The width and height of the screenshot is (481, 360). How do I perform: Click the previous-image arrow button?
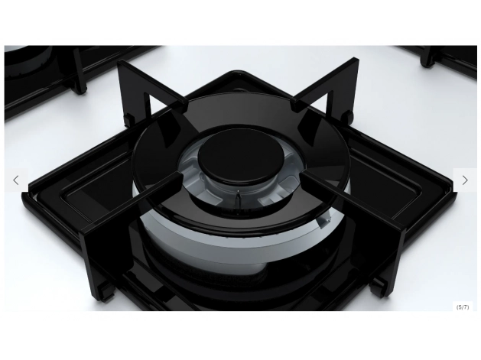coord(16,180)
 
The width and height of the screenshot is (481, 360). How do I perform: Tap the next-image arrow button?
coord(465,180)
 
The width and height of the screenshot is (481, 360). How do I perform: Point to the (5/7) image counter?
coord(463,307)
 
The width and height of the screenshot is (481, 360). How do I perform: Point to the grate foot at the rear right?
coord(348,117)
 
